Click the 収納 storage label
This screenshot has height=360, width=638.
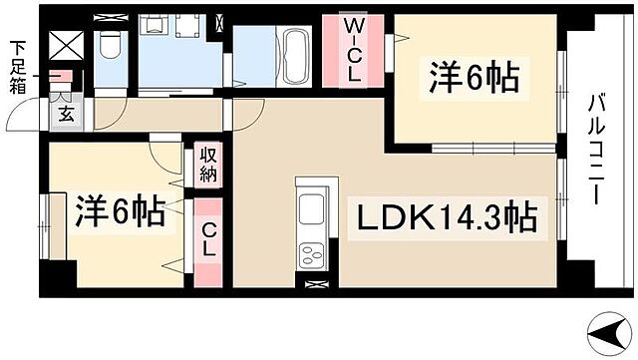pyautogui.click(x=208, y=164)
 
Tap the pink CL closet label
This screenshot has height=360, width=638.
pyautogui.click(x=208, y=242)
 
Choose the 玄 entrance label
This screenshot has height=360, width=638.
pyautogui.click(x=65, y=114)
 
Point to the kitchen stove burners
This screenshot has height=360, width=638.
pyautogui.click(x=311, y=253)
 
